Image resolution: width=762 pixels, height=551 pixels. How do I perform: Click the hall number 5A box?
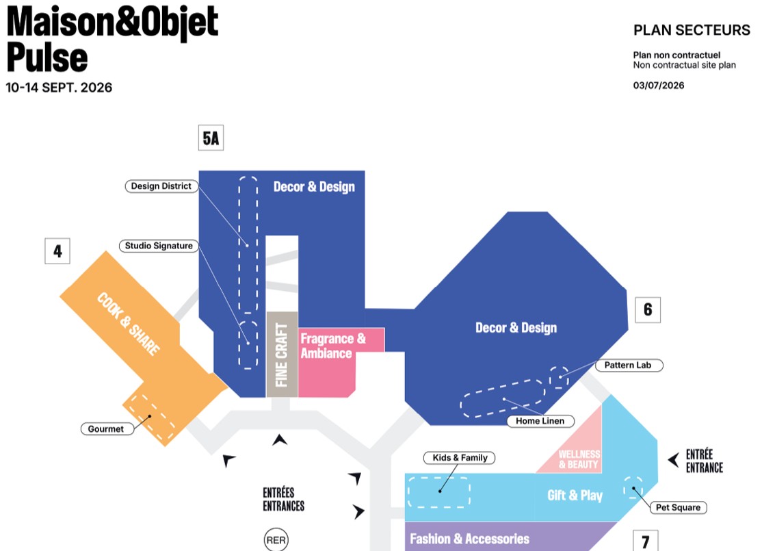211,138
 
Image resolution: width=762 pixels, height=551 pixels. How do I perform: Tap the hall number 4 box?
57,251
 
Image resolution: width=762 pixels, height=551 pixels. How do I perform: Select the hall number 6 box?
648,310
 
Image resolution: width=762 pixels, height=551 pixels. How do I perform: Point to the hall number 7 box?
645,540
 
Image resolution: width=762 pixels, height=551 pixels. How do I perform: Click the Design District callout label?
161,186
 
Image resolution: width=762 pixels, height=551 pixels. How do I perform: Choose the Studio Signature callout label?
159,246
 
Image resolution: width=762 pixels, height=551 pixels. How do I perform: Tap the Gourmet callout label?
107,429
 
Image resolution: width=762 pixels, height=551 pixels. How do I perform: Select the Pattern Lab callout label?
628,366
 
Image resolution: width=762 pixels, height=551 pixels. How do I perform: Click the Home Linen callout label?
540,421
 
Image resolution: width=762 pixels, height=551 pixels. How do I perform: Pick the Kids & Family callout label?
460,458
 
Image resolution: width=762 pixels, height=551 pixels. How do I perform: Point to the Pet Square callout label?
679,507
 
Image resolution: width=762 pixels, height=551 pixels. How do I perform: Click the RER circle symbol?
276,540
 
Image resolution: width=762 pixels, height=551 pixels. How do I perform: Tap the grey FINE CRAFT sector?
282,355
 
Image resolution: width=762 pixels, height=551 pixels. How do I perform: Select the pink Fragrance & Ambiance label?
333,346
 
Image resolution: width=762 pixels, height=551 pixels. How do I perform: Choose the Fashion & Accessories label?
469,539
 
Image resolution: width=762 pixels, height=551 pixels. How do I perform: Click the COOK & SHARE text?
129,324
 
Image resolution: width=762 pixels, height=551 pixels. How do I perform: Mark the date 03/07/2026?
659,86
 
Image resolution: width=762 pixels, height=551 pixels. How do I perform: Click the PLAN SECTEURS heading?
692,30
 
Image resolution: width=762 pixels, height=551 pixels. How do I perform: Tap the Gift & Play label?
575,496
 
